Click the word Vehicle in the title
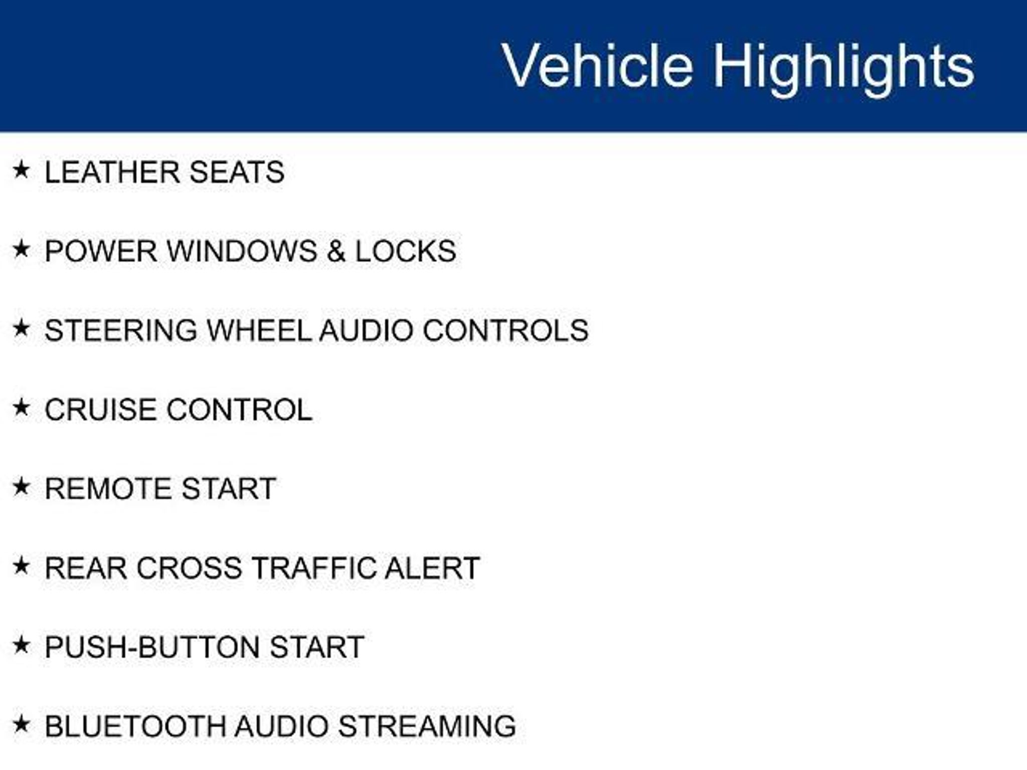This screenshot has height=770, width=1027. (597, 66)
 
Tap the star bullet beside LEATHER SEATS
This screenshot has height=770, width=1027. (21, 170)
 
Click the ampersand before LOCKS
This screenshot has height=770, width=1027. (336, 251)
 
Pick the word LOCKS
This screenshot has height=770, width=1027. (406, 251)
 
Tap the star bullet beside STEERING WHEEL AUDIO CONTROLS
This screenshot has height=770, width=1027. (21, 328)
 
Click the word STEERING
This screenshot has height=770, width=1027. (121, 330)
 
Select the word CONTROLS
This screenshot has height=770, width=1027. (505, 330)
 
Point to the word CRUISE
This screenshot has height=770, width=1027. (100, 410)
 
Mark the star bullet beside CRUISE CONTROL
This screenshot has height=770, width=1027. (21, 408)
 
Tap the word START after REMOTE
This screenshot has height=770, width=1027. (229, 489)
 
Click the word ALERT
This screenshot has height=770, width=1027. (432, 568)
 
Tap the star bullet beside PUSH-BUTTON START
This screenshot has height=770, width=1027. (21, 645)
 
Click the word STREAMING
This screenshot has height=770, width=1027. (427, 726)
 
